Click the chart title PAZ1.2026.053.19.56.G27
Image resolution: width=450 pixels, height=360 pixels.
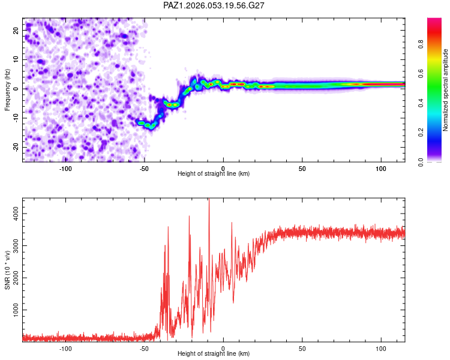[214, 5]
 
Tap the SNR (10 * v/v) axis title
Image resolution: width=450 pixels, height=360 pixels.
[7, 271]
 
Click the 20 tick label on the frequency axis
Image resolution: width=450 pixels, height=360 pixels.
[16, 29]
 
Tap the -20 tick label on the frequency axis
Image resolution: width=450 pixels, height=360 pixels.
[15, 147]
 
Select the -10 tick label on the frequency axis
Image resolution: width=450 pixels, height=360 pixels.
[15, 118]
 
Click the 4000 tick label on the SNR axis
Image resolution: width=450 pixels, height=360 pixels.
[16, 213]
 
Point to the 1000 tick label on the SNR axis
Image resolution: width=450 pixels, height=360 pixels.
[16, 310]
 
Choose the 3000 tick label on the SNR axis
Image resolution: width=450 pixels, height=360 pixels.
[16, 245]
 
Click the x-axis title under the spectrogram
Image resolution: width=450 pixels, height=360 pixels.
[214, 173]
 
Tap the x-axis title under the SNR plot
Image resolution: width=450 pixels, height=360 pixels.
[214, 353]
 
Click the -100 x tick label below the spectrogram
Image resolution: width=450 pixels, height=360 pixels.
[65, 168]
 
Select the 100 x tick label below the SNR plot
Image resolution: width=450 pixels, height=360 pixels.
[381, 348]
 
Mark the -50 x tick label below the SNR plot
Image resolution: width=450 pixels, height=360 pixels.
[143, 348]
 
